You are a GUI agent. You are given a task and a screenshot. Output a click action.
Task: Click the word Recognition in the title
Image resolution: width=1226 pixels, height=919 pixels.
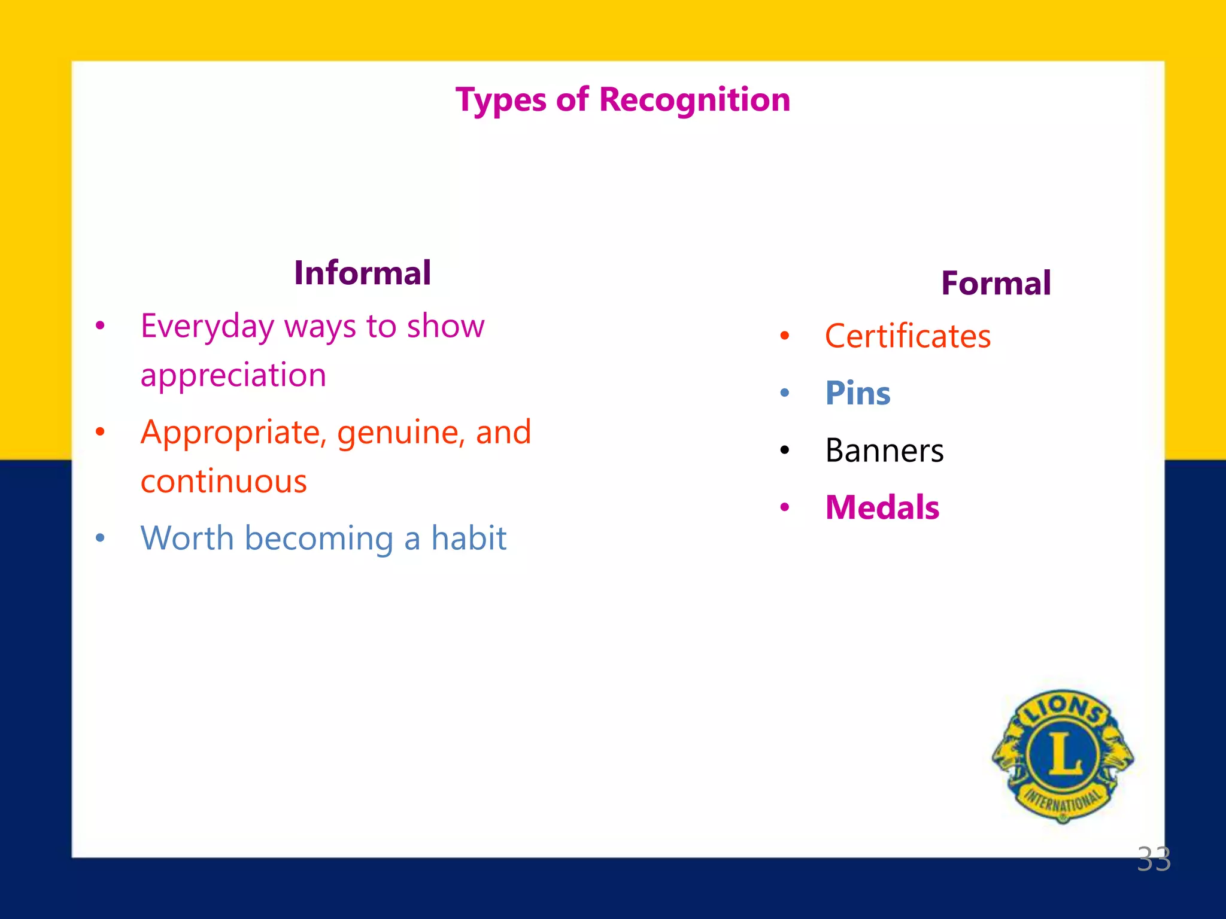[x=694, y=99]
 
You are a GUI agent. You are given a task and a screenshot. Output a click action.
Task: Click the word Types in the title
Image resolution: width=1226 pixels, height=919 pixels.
[x=500, y=101]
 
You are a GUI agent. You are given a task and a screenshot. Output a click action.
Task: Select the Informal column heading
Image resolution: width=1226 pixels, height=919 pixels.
[x=362, y=273]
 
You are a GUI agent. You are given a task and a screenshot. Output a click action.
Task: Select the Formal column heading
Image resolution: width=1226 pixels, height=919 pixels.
[x=996, y=283]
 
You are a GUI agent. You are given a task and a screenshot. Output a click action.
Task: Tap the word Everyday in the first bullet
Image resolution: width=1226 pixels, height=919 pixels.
[x=207, y=327]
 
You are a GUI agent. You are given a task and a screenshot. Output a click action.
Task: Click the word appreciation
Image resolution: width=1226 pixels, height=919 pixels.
[x=233, y=376]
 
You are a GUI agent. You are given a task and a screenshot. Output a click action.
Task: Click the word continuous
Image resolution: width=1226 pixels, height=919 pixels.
[x=223, y=482]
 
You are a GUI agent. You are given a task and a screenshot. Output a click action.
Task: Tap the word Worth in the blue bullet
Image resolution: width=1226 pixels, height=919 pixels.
[x=186, y=538]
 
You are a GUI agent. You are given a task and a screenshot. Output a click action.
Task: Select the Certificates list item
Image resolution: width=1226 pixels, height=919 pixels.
[x=908, y=336]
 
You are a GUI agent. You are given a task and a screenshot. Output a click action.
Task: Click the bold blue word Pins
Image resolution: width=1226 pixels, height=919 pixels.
[x=857, y=394]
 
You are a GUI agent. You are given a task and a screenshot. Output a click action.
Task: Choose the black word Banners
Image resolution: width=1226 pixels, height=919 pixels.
[x=884, y=451]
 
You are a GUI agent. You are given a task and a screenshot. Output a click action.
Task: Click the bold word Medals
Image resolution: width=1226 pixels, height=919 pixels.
[x=882, y=508]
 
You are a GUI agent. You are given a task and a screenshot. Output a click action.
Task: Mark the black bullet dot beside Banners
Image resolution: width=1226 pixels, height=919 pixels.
[x=785, y=451]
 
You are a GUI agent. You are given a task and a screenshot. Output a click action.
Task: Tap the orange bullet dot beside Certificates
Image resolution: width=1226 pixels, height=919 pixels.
[x=785, y=336]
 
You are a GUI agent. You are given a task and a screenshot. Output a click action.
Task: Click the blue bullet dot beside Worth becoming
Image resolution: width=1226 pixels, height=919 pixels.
[x=100, y=538]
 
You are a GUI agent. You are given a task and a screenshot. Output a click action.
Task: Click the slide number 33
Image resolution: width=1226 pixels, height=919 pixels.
[x=1153, y=860]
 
